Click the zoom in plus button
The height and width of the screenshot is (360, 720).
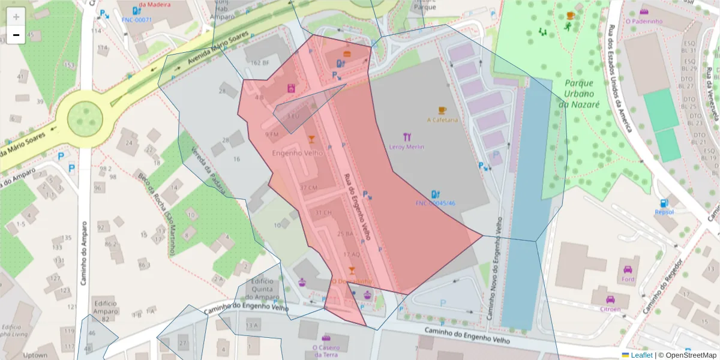(x=16, y=16)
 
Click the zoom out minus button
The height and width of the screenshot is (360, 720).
(x=16, y=35)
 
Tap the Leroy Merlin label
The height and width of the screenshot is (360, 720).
(x=406, y=147)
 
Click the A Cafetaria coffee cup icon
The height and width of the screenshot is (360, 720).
(x=442, y=110)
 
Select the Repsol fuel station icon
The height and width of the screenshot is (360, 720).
(x=664, y=203)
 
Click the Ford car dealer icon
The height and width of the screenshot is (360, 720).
(x=628, y=270)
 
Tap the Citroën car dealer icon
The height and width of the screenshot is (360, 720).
(x=610, y=299)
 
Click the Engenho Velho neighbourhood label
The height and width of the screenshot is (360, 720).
(x=297, y=153)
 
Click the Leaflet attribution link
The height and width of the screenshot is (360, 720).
(x=641, y=355)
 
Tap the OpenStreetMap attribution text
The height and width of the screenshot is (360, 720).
(x=687, y=355)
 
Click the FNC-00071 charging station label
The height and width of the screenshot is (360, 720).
(x=137, y=20)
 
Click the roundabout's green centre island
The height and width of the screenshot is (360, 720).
(x=85, y=119)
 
